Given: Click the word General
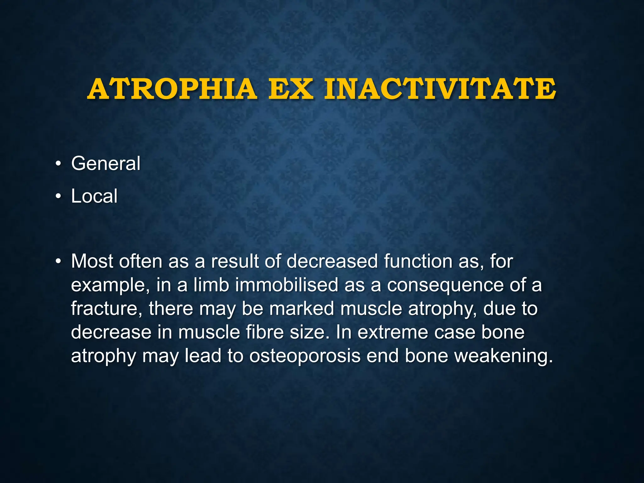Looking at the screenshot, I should [x=106, y=164].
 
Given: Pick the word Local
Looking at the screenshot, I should [x=94, y=196].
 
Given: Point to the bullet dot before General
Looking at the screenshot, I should [x=58, y=164].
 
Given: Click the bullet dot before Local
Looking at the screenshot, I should [x=58, y=197].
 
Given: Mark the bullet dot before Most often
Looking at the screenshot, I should [x=58, y=262].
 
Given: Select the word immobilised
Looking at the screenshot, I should [x=287, y=285].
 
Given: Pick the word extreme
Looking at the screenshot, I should [x=392, y=332].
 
